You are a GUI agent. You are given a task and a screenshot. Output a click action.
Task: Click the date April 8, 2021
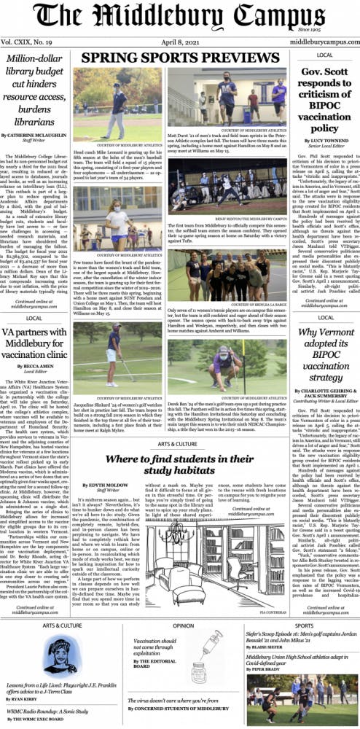(x=179, y=42)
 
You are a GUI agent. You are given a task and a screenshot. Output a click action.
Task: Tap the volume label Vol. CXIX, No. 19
(x=31, y=42)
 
